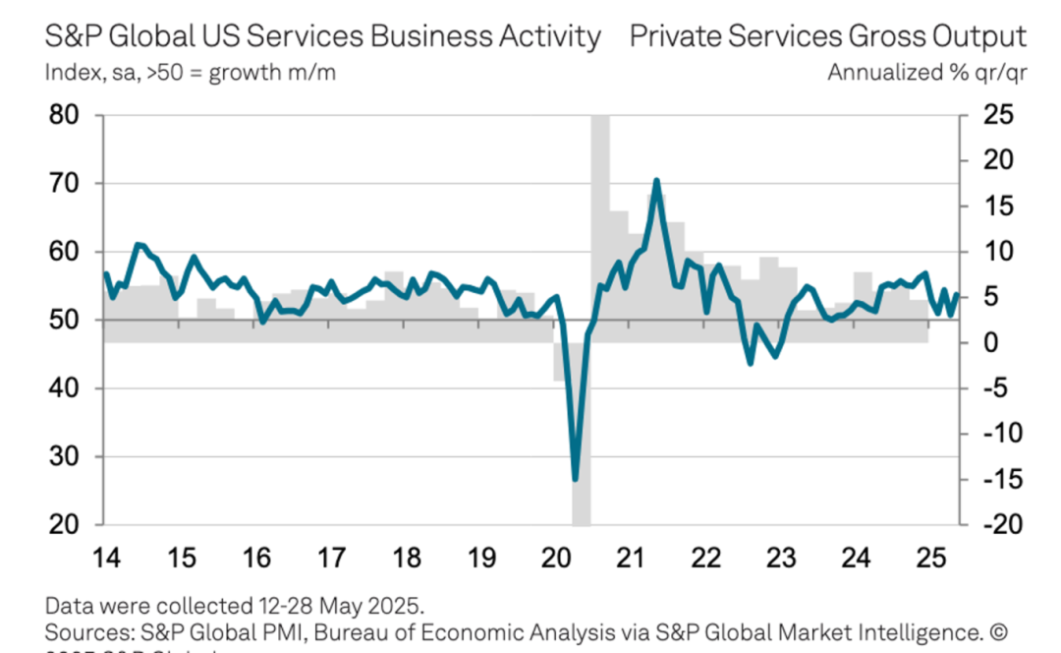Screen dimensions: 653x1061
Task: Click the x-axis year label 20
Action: (x=557, y=558)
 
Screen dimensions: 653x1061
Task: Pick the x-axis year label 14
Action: (x=106, y=558)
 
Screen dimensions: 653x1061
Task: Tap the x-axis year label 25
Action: (x=931, y=558)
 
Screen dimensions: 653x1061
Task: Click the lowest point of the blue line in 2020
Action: (x=575, y=479)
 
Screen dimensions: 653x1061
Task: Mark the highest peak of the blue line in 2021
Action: (x=655, y=181)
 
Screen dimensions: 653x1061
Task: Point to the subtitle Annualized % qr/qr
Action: (x=926, y=73)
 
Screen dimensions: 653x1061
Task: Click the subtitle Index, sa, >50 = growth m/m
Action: (x=191, y=73)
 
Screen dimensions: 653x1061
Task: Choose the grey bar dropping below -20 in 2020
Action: (x=581, y=511)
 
